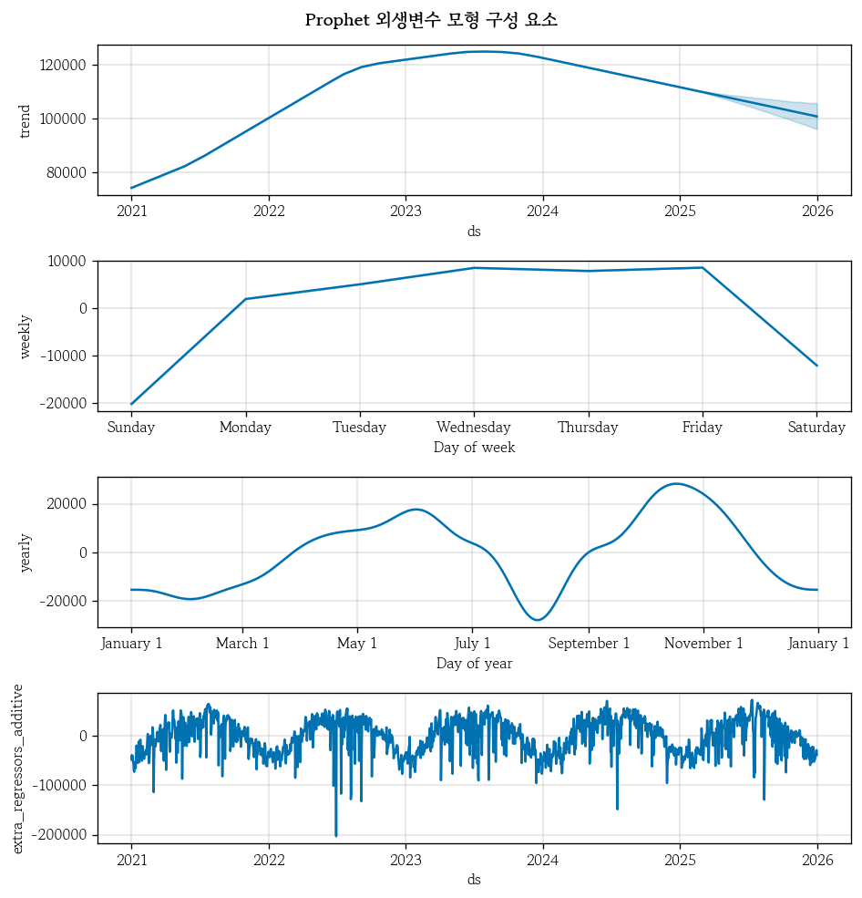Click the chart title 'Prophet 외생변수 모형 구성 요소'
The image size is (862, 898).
pos(431,20)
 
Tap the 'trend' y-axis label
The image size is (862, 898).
pos(26,120)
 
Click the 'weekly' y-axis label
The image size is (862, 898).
pos(26,336)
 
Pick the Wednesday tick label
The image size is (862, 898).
pos(474,428)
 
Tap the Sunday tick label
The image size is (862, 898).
pos(131,428)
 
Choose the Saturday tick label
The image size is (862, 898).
pos(816,428)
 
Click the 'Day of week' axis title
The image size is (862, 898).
pos(474,448)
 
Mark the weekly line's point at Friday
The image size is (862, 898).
pos(703,267)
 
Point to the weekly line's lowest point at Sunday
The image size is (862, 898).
pos(132,404)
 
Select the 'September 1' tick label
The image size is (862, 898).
pos(589,644)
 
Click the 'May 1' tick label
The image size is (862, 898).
pos(357,644)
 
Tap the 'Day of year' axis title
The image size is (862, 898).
pos(474,664)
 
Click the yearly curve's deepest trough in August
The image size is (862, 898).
pos(538,620)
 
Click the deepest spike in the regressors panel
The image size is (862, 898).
pos(336,835)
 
